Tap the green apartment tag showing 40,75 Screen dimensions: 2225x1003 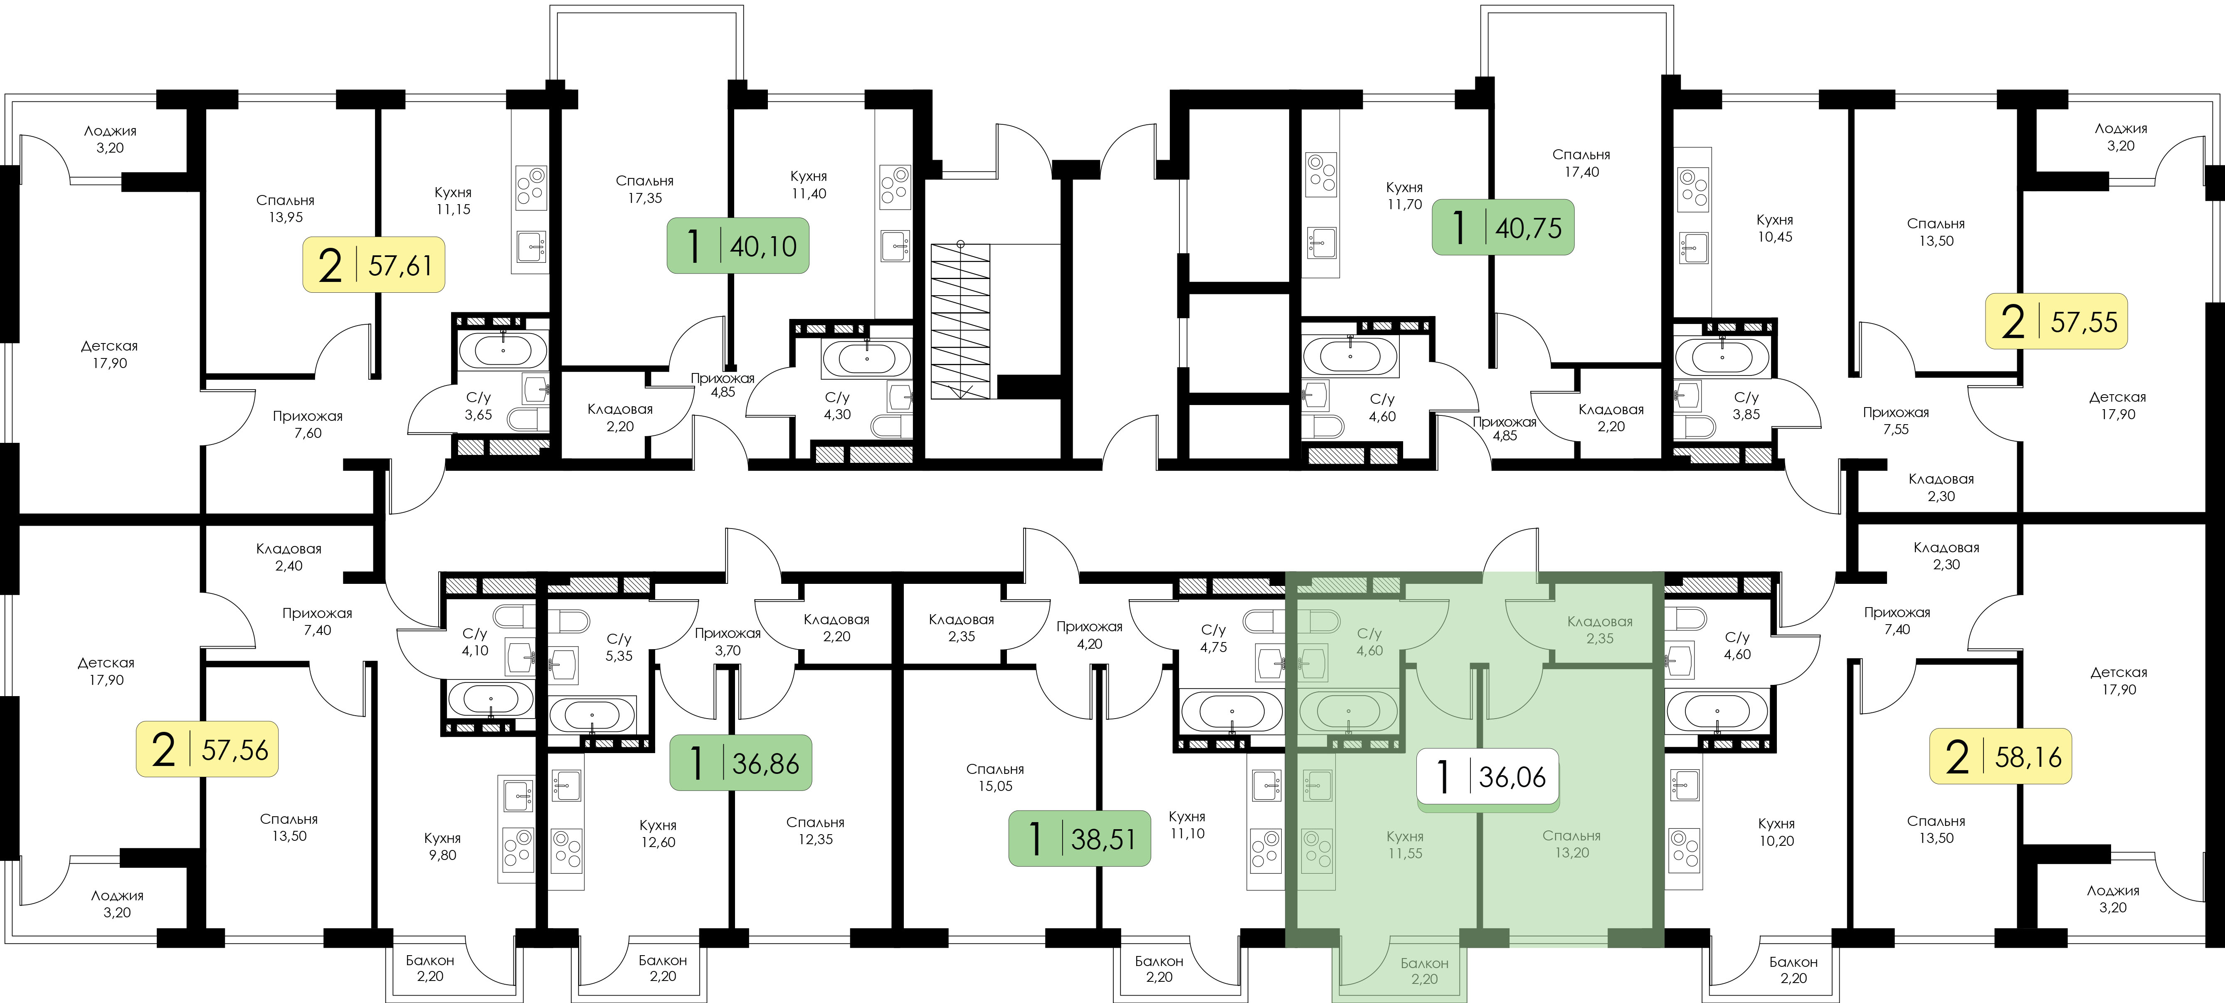tap(1503, 227)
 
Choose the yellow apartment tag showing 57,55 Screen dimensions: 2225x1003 tap(2056, 321)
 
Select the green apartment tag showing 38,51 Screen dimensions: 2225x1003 tap(1080, 838)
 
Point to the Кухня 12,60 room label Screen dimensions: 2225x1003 tap(658, 834)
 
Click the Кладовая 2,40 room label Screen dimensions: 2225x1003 tap(289, 557)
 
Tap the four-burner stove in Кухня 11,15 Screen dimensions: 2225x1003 tap(530, 188)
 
